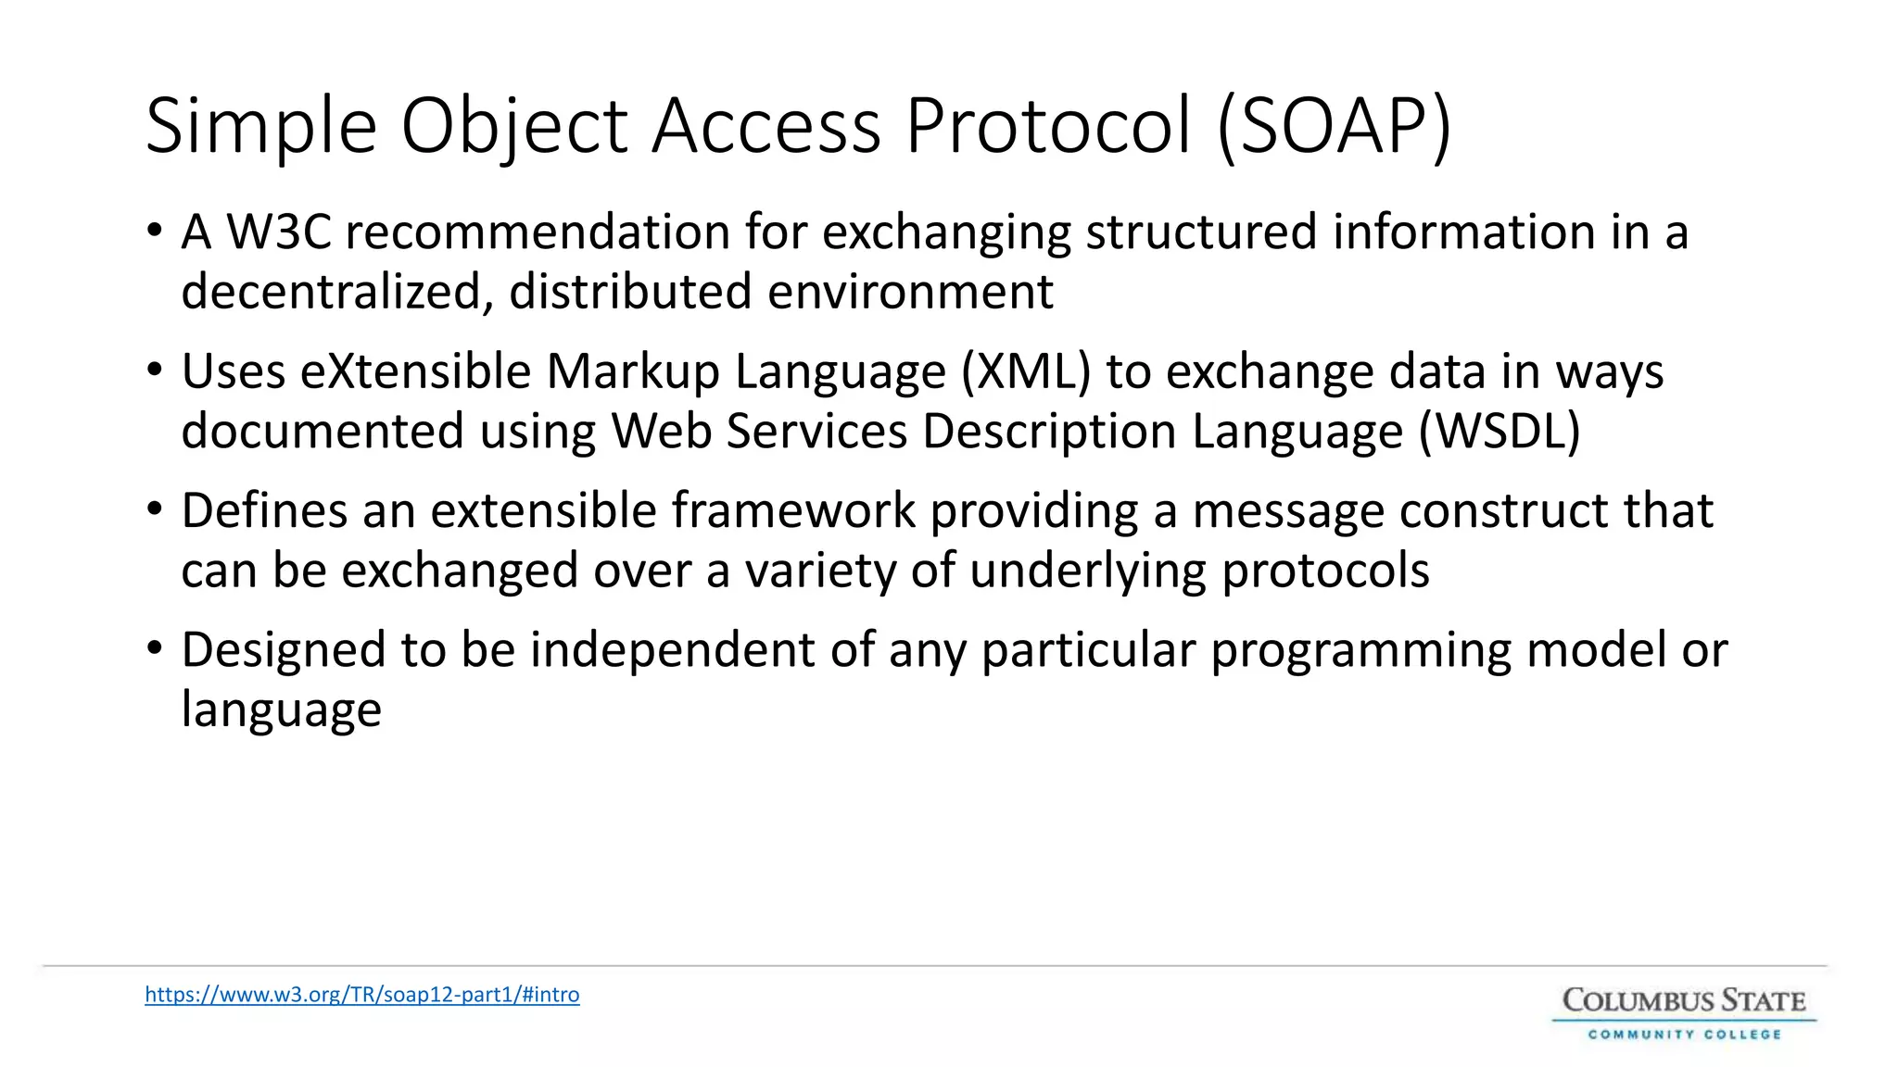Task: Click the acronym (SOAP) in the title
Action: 1335,127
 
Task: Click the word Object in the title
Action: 514,127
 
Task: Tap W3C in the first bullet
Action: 279,232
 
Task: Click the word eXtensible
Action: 415,371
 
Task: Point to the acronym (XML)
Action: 1026,371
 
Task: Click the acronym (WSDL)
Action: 1499,432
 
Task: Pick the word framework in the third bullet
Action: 793,510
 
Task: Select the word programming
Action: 1361,649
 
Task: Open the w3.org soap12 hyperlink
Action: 362,995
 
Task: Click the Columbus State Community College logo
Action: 1684,1013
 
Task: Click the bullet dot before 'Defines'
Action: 155,509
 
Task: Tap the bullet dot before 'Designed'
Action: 155,648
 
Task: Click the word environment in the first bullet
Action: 910,292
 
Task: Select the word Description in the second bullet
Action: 1049,432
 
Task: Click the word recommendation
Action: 538,232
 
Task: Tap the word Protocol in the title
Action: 1048,127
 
